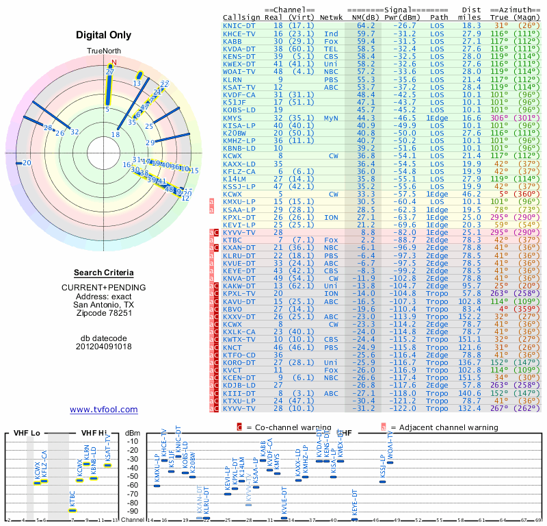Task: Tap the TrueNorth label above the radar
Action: tap(105, 51)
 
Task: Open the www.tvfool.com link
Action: tap(104, 410)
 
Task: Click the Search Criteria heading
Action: tap(104, 273)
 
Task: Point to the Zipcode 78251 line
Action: tap(105, 313)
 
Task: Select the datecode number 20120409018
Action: tap(105, 346)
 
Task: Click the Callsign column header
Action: tap(241, 17)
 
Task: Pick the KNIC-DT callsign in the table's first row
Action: tap(239, 25)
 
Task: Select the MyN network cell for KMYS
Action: tap(331, 118)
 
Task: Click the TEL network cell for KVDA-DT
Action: tap(331, 48)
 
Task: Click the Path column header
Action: tap(440, 17)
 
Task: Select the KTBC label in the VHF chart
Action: tap(72, 499)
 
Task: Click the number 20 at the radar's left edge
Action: tap(27, 163)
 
